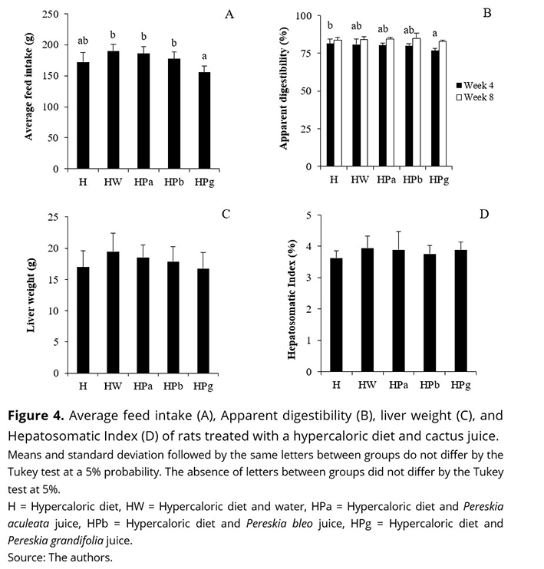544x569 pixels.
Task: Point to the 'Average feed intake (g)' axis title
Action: tap(29, 92)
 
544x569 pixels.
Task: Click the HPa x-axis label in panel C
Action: tap(141, 385)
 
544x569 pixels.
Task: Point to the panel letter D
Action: tap(483, 213)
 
